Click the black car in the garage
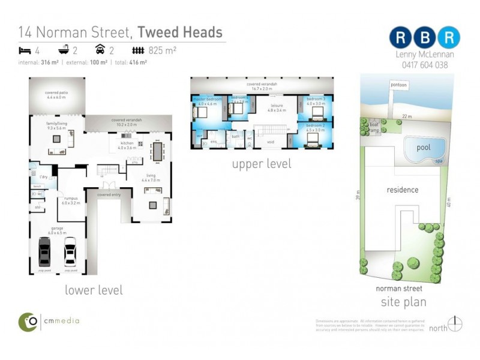(x=44, y=252)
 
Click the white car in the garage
(x=70, y=252)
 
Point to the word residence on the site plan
(x=402, y=190)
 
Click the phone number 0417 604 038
(x=425, y=65)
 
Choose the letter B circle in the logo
(x=425, y=38)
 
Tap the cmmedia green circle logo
(x=28, y=322)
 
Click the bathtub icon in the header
(x=63, y=51)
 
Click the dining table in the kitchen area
(x=158, y=151)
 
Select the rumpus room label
(x=71, y=201)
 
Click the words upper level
(x=262, y=163)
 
